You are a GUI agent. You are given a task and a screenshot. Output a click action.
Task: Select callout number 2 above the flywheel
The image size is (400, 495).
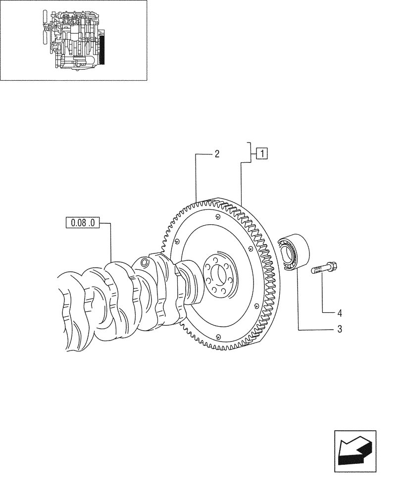217,154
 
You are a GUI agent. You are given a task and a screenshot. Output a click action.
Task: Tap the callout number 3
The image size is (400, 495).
340,329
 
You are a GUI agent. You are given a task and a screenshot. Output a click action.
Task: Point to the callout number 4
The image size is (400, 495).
340,313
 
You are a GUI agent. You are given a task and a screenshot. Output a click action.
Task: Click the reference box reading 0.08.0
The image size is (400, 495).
83,223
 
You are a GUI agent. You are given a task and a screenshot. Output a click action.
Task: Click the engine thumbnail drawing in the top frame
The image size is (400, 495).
74,40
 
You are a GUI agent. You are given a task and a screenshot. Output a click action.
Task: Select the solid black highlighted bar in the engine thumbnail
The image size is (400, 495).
102,49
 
